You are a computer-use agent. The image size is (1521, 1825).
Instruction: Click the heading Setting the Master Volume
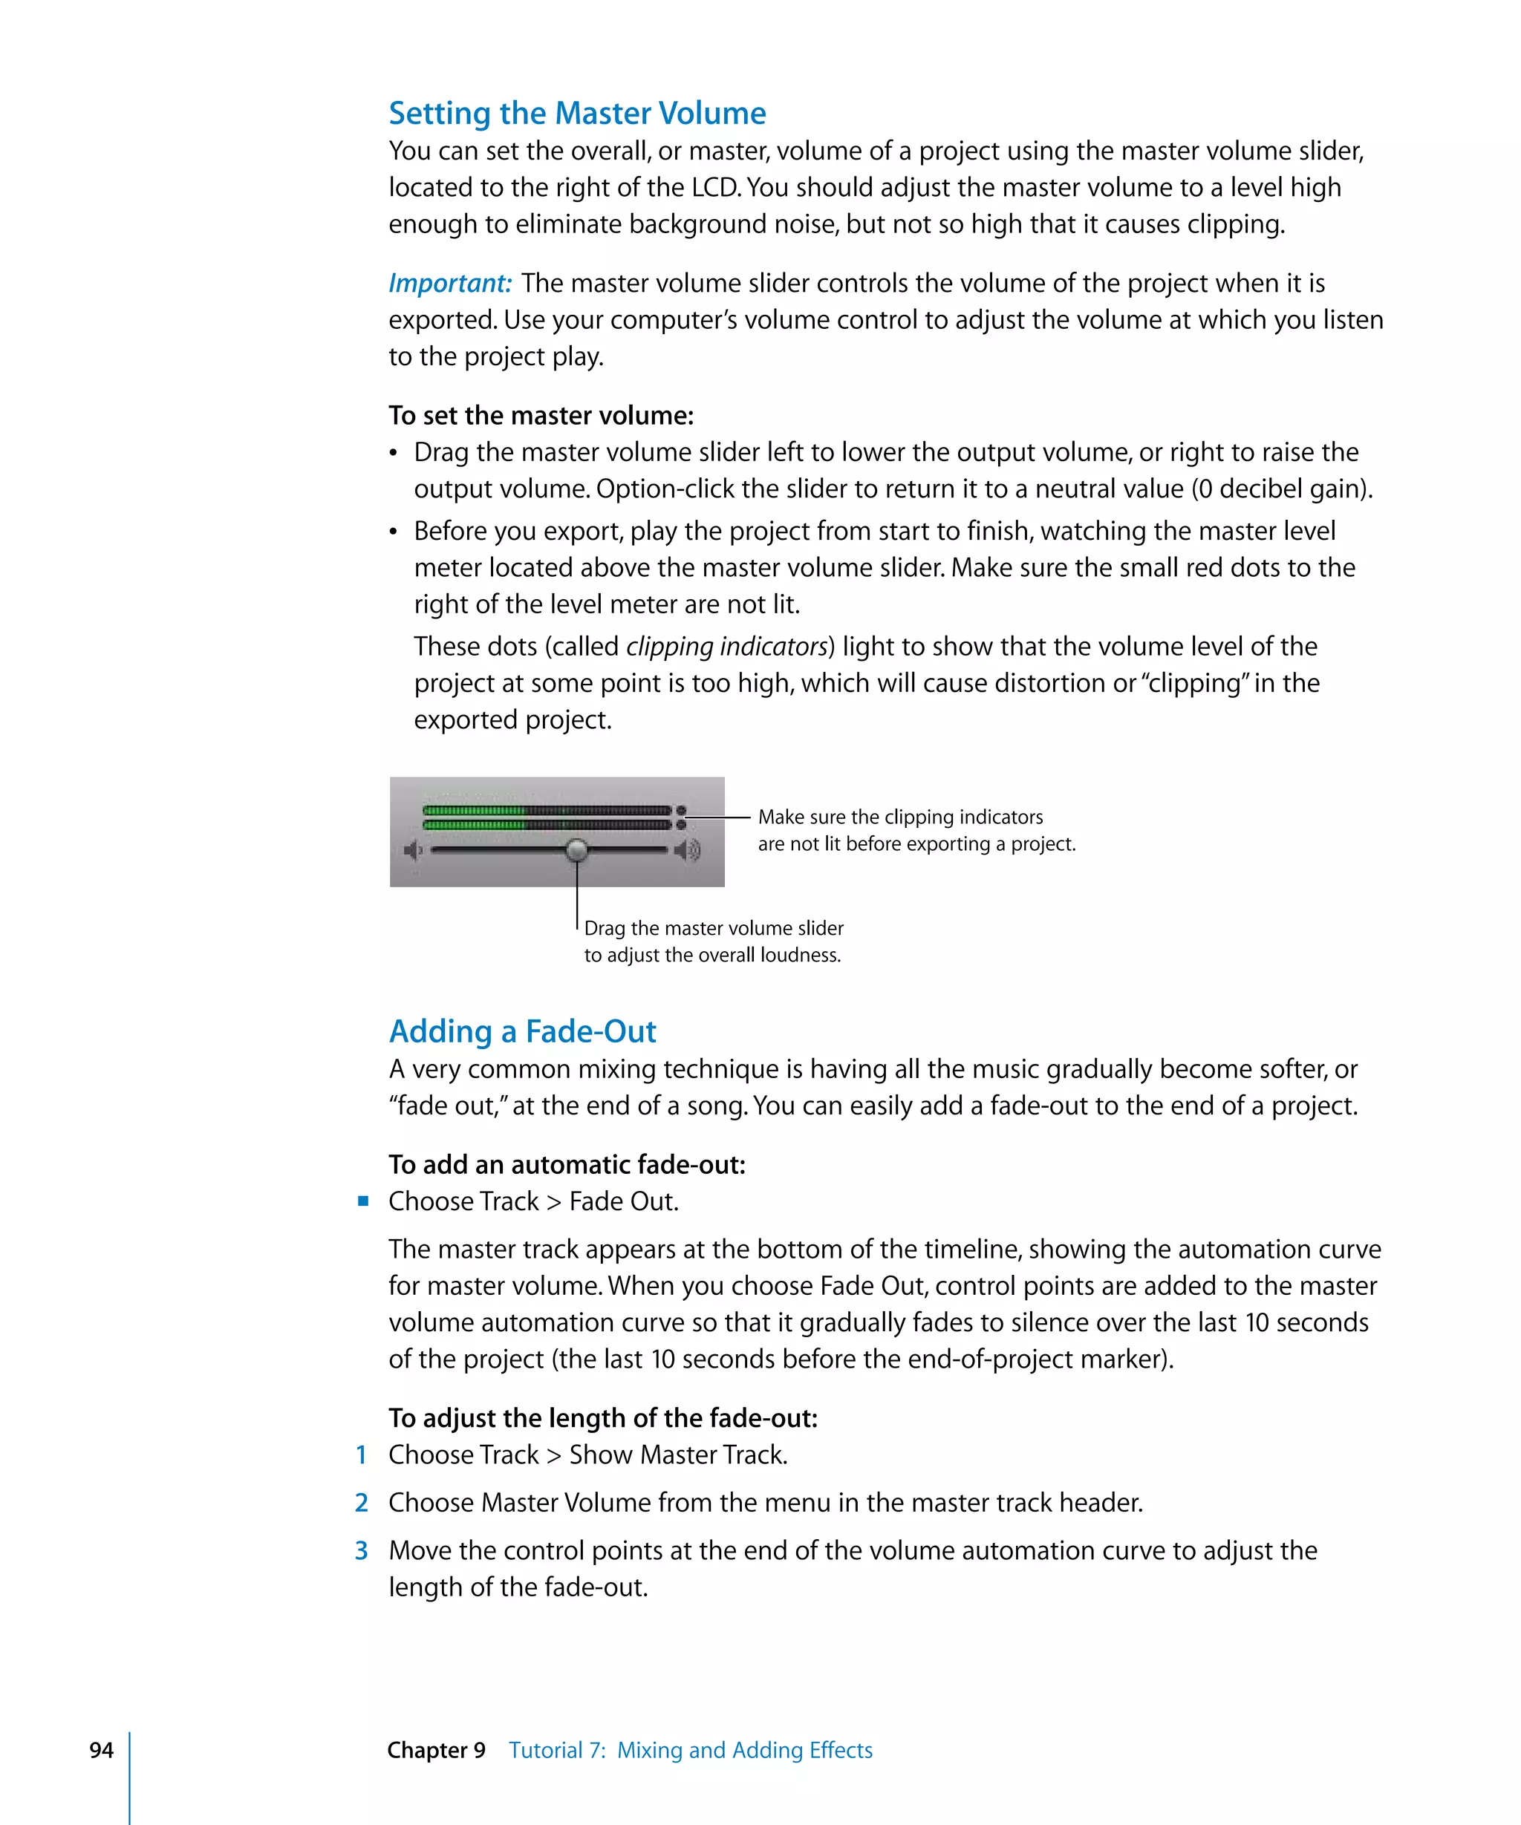pos(577,114)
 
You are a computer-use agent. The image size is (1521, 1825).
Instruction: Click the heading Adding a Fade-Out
pos(522,1031)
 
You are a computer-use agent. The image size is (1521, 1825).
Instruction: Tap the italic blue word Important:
pos(449,284)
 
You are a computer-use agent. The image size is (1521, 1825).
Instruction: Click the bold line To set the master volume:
pos(541,415)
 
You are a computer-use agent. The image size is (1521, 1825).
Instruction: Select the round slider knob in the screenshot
pos(576,850)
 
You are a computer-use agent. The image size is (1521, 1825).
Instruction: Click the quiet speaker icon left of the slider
pos(414,850)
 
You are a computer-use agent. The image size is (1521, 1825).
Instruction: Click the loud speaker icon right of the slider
pos(688,850)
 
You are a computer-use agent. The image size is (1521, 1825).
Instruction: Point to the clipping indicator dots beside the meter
pos(682,817)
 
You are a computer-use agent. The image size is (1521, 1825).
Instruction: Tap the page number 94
pos(102,1750)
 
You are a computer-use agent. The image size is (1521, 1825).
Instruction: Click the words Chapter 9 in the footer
pos(436,1750)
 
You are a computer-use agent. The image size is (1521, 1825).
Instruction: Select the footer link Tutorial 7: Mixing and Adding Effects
pos(690,1750)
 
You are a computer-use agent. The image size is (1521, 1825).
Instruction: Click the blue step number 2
pos(362,1503)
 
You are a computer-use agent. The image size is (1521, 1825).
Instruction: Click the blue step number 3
pos(362,1550)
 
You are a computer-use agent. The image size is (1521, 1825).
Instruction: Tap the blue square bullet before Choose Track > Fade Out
pos(363,1201)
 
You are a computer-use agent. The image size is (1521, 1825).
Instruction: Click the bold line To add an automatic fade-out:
pos(567,1164)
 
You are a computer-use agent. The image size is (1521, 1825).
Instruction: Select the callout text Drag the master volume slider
pos(714,928)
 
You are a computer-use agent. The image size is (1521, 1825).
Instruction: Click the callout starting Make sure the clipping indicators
pos(900,817)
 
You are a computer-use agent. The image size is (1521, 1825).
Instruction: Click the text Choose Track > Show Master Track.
pos(587,1455)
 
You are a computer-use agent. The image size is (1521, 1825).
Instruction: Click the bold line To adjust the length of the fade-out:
pos(602,1418)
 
